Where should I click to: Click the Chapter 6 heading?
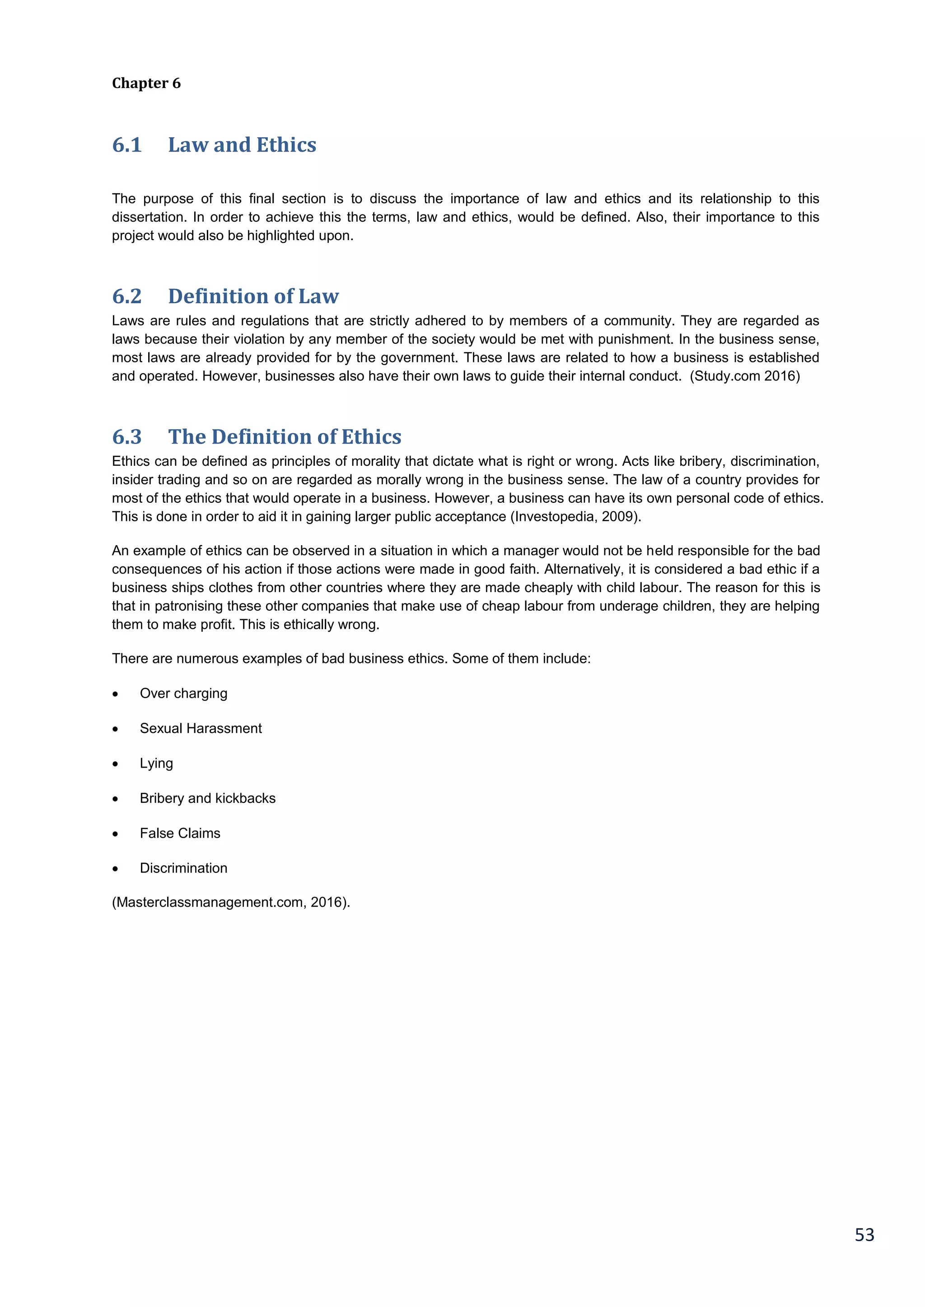146,83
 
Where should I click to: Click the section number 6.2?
126,296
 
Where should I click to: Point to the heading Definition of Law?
253,296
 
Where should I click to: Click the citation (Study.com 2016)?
744,376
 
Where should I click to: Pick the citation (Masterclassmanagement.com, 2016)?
231,902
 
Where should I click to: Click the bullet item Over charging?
183,693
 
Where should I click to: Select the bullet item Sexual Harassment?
201,728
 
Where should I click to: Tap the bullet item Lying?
156,763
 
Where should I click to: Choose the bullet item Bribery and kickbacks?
207,799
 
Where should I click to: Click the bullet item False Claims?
180,834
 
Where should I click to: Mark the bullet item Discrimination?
183,868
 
